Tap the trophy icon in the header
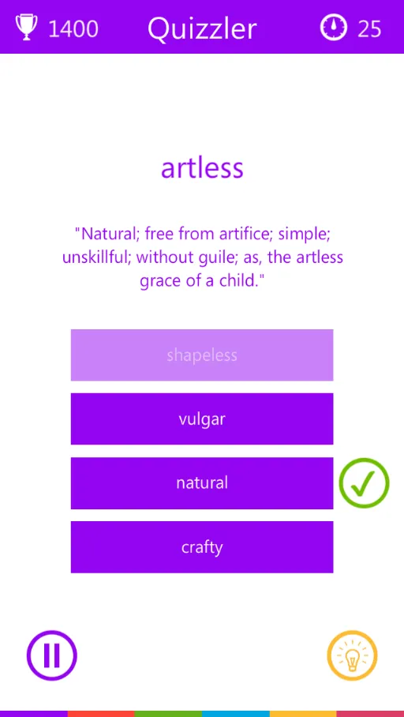coord(27,28)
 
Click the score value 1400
coord(73,28)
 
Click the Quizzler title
coord(202,28)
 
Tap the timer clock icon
coord(334,28)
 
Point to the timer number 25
coord(369,28)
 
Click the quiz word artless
coord(202,168)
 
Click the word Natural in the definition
coord(107,234)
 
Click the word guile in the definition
coord(208,257)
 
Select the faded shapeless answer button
coord(202,355)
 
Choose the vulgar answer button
coord(202,419)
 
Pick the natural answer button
coord(202,483)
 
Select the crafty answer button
coord(202,547)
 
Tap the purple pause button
coord(51,655)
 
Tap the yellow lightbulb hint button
coord(353,655)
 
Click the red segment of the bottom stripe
coord(101,714)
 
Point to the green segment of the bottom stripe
coord(168,714)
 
